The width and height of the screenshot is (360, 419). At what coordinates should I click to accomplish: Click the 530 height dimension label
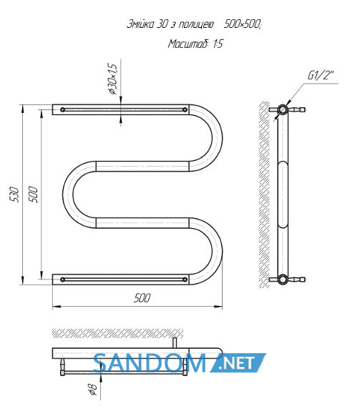tap(14, 194)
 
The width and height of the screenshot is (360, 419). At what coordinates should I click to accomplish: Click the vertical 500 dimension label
tap(33, 194)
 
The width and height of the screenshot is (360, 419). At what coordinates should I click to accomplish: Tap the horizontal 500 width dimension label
tap(142, 297)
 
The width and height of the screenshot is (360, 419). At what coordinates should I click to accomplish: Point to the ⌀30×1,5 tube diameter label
tap(112, 79)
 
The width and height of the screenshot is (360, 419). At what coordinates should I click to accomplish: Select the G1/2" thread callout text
tap(321, 75)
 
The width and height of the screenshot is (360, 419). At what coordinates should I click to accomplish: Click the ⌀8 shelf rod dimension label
tap(92, 389)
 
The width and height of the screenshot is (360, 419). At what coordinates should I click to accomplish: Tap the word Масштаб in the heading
tap(188, 44)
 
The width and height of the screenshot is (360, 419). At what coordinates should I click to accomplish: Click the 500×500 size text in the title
tap(243, 24)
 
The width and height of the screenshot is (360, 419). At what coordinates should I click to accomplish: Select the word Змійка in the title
tap(140, 24)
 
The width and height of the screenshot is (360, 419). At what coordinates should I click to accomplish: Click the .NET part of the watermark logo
tap(238, 363)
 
